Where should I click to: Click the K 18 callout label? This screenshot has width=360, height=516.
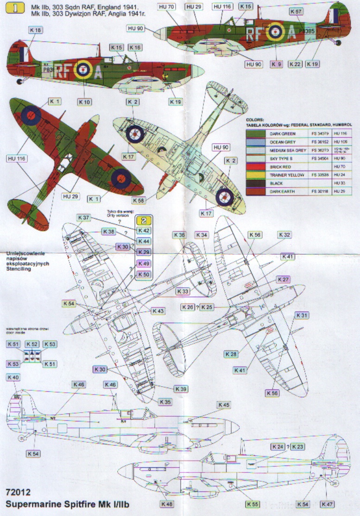pos(35,30)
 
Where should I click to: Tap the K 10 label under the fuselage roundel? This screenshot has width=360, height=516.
pos(85,102)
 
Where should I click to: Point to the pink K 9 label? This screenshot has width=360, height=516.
pos(277,64)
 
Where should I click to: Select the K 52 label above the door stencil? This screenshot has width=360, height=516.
pos(32,344)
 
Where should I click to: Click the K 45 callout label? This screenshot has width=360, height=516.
pos(223,405)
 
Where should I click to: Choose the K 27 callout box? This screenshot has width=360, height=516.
pos(284,279)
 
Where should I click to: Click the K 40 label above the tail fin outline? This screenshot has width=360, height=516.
pos(13,378)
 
